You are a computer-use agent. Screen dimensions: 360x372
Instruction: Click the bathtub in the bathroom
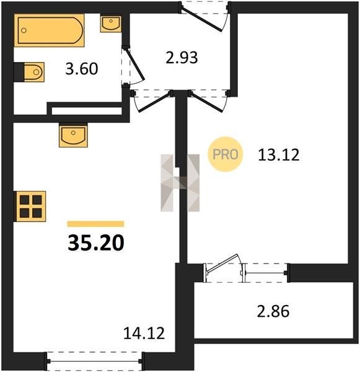click(49, 30)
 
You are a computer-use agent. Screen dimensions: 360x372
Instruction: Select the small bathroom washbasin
click(111, 24)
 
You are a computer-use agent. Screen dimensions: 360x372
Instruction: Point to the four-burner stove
click(30, 206)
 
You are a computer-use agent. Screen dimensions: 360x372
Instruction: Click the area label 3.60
click(82, 69)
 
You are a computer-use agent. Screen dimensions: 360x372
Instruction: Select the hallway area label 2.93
click(182, 58)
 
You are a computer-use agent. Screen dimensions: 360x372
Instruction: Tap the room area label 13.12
click(279, 154)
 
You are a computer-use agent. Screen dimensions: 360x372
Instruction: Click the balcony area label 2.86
click(273, 311)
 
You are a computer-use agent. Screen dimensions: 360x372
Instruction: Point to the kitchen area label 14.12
click(144, 333)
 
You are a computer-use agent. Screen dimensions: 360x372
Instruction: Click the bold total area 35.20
click(96, 243)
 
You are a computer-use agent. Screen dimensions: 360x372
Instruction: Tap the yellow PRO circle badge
click(226, 154)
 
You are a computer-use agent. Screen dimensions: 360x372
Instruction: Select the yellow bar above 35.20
click(95, 224)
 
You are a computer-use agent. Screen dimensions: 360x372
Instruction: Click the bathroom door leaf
click(134, 64)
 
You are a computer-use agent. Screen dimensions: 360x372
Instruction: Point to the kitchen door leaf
click(154, 103)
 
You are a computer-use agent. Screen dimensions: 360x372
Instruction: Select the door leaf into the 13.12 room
click(207, 103)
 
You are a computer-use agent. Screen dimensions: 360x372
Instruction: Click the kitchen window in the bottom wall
click(95, 361)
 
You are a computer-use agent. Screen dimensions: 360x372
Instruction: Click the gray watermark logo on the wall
click(180, 183)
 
